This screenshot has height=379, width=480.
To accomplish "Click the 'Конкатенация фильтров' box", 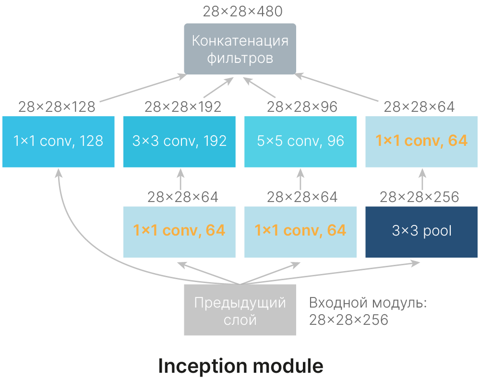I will (x=240, y=49).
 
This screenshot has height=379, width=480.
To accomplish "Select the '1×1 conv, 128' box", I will (x=59, y=142).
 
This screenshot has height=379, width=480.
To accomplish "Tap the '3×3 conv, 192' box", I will (x=180, y=142).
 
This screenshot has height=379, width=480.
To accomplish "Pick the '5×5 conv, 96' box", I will (x=300, y=142).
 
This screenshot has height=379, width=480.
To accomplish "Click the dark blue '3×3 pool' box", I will (x=421, y=232).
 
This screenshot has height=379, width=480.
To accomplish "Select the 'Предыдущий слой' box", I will (x=240, y=310).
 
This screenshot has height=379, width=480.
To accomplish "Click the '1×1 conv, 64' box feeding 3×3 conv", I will (x=180, y=232).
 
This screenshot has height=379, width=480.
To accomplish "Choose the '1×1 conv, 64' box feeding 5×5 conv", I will (x=300, y=232).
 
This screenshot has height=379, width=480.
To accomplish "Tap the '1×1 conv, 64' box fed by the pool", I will (x=421, y=142).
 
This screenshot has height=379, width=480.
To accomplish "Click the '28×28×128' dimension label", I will (x=57, y=107).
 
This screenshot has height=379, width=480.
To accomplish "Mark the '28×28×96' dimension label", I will (x=302, y=107).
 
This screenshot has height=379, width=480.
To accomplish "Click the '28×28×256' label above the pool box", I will (x=420, y=197).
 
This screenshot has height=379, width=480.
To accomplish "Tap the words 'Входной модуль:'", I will (x=368, y=303).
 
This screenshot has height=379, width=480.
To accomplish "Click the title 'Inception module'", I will (x=240, y=366).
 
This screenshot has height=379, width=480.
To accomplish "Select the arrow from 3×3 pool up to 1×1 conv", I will (x=422, y=179).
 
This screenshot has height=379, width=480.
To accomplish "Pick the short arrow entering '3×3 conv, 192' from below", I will (x=180, y=179).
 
